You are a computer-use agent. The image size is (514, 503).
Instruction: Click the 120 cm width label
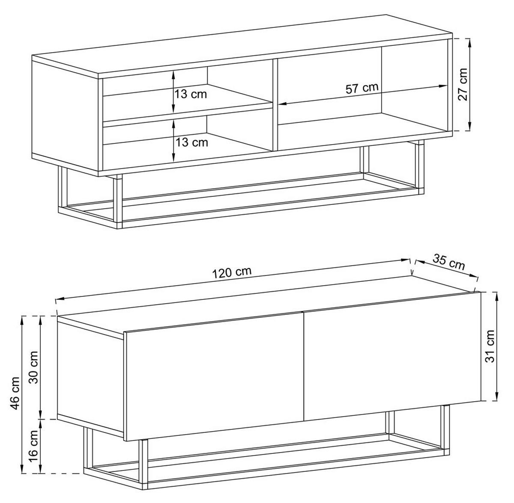pos(232,272)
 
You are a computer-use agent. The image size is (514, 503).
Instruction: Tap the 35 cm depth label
pos(448,262)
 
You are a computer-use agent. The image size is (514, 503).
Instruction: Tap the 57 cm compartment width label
pos(362,88)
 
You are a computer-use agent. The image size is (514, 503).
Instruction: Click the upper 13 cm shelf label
pos(191,94)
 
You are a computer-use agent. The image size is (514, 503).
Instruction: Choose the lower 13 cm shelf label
pos(192,142)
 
